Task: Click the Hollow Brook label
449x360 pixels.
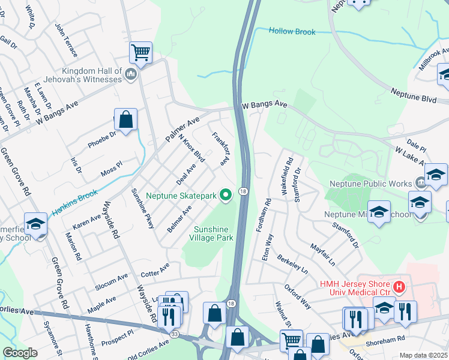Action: coord(292,31)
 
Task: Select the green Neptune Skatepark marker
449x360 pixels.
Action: coord(226,194)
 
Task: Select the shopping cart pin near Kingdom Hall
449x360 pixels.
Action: coord(140,52)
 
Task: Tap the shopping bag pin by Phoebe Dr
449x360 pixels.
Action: coord(125,119)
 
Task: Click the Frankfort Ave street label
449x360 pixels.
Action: coord(221,149)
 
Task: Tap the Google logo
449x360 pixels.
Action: coord(20,353)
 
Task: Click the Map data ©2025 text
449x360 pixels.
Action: coord(423,355)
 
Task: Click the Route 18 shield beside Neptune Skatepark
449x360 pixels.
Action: coord(243,191)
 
